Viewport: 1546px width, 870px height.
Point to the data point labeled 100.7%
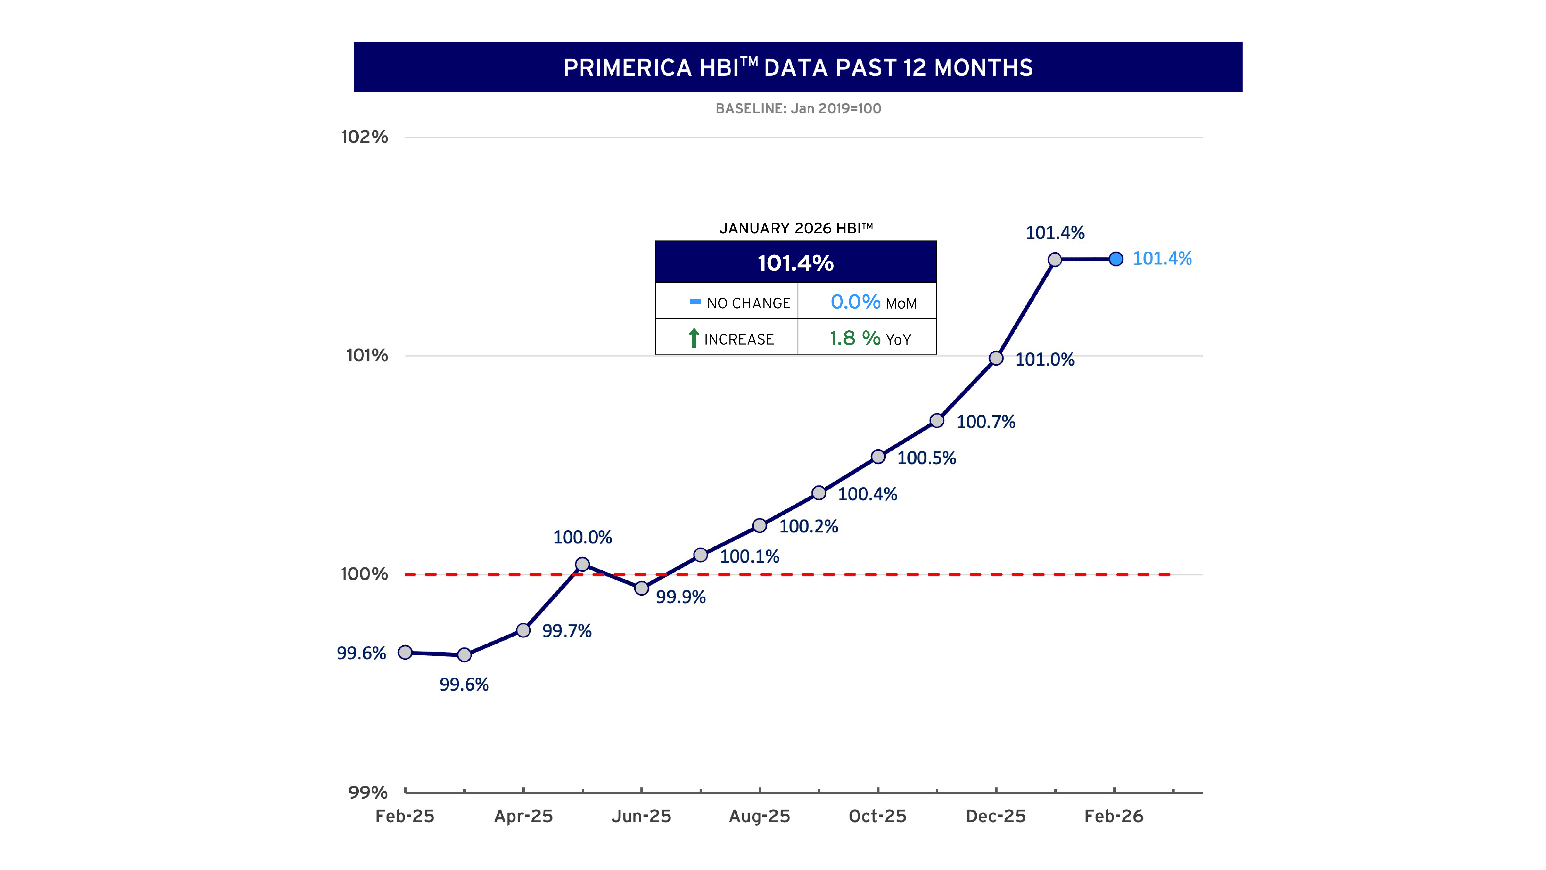937,421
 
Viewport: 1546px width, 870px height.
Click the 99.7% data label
567,631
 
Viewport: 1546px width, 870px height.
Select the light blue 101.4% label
1162,259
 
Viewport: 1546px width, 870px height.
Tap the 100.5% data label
926,458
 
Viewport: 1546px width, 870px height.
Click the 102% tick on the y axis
364,137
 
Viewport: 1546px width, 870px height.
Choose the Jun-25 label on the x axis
641,817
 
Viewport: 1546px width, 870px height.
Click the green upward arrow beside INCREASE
694,338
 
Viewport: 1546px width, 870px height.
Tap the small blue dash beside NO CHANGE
695,302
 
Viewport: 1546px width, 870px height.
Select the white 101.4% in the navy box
795,263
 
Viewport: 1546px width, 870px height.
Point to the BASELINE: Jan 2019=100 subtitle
798,109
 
